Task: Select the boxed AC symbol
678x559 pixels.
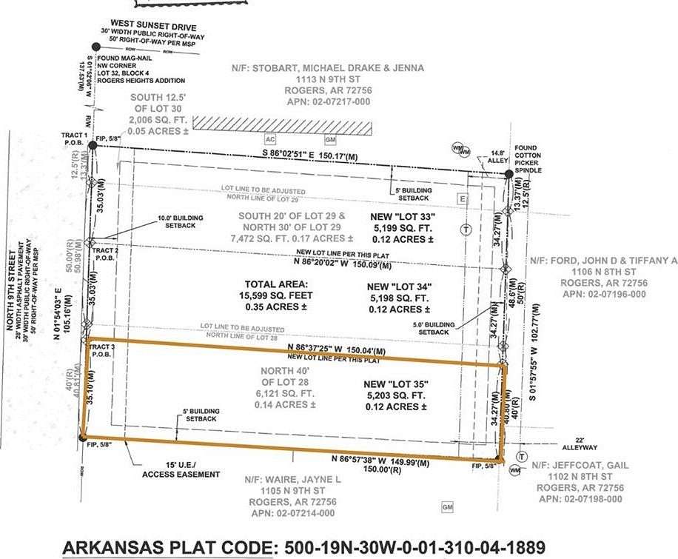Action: (272, 140)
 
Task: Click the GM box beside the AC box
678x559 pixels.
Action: (330, 140)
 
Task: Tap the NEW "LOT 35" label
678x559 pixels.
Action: (397, 384)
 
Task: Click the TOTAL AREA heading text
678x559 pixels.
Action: (276, 284)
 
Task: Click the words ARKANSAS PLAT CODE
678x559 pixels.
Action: (167, 547)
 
